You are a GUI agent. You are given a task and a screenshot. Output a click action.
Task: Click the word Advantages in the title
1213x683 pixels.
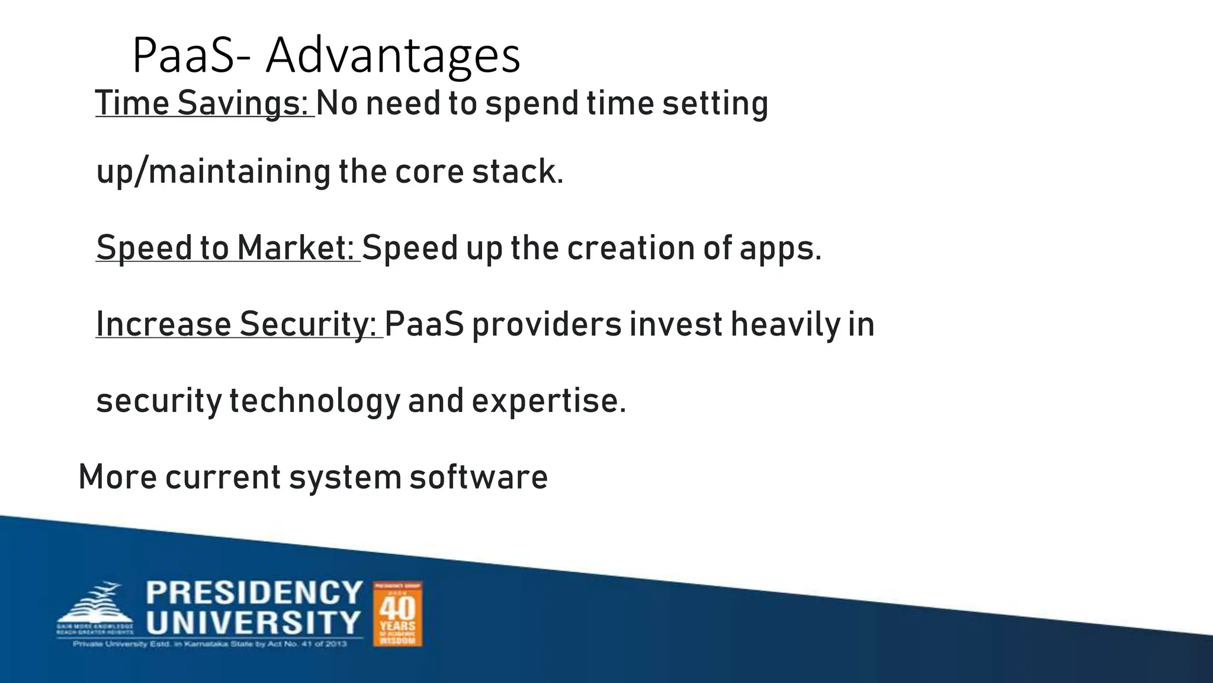tap(393, 56)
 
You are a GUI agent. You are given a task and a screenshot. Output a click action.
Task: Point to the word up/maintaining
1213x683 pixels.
tap(213, 172)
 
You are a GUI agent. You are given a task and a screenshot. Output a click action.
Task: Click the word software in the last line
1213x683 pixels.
tap(479, 477)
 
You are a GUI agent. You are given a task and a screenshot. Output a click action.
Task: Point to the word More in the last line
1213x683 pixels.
tap(117, 477)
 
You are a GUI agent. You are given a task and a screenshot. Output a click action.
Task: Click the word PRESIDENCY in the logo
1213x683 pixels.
tap(254, 593)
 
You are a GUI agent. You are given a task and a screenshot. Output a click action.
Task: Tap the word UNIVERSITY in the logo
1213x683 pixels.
tap(254, 623)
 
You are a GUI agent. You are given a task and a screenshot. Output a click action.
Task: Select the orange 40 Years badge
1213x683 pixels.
tap(397, 614)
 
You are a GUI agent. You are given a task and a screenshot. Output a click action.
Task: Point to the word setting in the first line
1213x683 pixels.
tap(715, 103)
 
